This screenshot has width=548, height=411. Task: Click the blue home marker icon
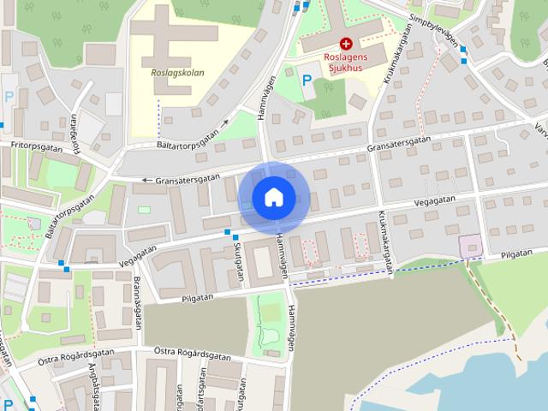click(273, 198)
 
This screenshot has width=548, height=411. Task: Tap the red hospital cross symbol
click(345, 43)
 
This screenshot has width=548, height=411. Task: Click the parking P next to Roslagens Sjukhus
click(307, 80)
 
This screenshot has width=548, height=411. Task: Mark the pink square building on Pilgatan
click(470, 247)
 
